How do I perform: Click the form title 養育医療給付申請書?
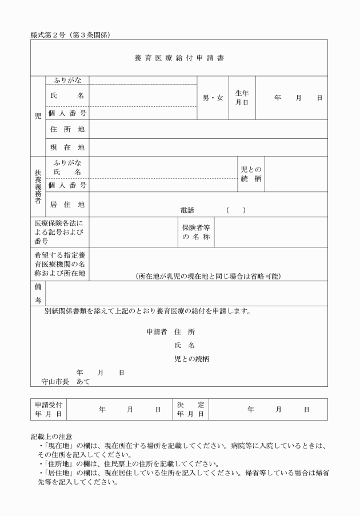[179, 58]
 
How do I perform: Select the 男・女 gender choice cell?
[213, 98]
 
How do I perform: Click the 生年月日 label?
[242, 98]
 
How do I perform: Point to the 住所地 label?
[67, 129]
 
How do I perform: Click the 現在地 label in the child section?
[67, 147]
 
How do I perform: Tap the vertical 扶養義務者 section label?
[37, 185]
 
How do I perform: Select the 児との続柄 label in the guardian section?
[251, 174]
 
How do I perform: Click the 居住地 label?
[67, 204]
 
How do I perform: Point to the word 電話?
[187, 210]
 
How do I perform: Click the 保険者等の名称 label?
[196, 232]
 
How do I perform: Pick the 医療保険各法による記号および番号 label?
[58, 232]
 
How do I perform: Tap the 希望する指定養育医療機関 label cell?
[59, 264]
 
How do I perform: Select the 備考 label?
[38, 294]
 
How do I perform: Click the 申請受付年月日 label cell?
[48, 409]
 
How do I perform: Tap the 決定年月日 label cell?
[191, 409]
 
